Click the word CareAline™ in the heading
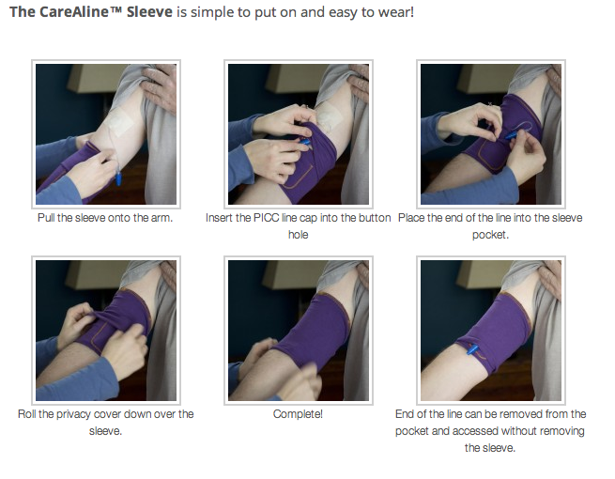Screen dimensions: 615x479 81,12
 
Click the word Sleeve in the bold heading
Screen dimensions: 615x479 149,12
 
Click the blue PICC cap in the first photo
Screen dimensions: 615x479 118,178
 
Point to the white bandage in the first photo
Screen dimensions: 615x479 119,120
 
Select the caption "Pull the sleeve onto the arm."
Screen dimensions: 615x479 105,218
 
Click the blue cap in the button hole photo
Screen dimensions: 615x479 305,142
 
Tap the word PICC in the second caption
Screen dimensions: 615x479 267,218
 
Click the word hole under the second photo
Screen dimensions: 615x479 298,235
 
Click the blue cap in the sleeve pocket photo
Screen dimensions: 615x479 512,136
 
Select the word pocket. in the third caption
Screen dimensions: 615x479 490,235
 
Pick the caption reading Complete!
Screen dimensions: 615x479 298,414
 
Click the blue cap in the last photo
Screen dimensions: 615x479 472,349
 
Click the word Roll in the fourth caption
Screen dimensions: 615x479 26,414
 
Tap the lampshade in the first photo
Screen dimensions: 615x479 94,79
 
